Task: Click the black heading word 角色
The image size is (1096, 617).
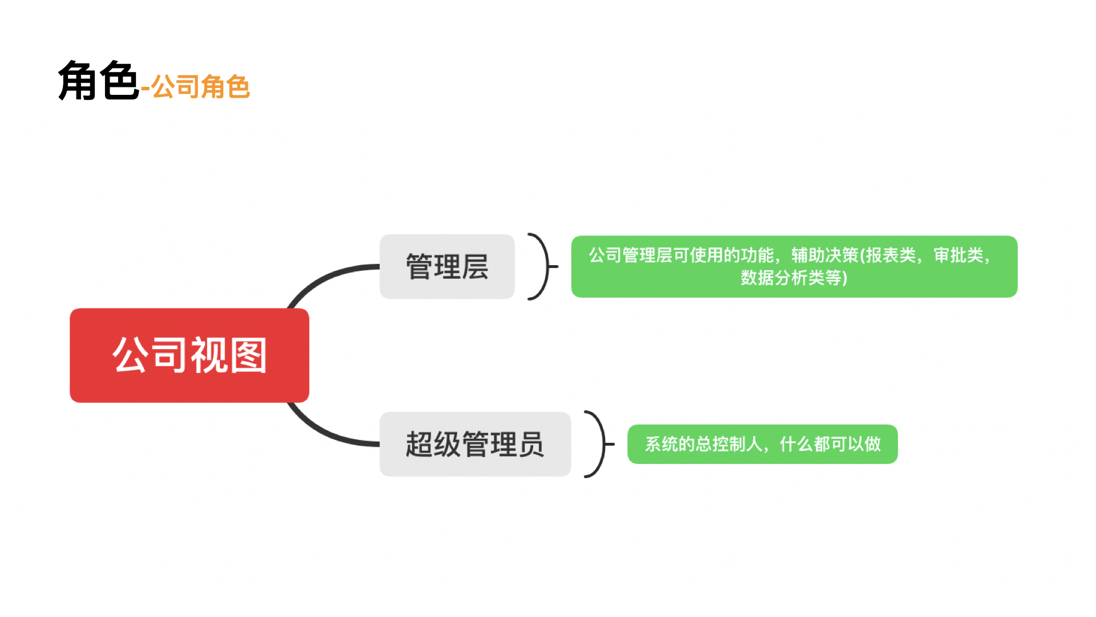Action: pyautogui.click(x=98, y=81)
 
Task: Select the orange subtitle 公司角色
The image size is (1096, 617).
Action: pyautogui.click(x=200, y=87)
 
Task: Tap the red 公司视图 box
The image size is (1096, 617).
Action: pyautogui.click(x=190, y=355)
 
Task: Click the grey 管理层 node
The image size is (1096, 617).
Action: pyautogui.click(x=447, y=266)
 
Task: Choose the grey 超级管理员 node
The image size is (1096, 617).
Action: pyautogui.click(x=475, y=444)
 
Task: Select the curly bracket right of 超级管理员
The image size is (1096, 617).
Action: pyautogui.click(x=600, y=444)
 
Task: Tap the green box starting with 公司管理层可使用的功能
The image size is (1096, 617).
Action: pyautogui.click(x=794, y=266)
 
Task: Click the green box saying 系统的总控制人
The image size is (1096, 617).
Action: pyautogui.click(x=762, y=444)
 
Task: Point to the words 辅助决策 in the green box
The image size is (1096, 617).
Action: pyautogui.click(x=825, y=255)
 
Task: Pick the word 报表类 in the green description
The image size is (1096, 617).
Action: pyautogui.click(x=891, y=255)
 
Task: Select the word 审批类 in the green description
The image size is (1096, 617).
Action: pyautogui.click(x=958, y=255)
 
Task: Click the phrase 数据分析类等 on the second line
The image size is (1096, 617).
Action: pyautogui.click(x=791, y=278)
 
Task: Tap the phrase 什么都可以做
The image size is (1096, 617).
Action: pyautogui.click(x=830, y=444)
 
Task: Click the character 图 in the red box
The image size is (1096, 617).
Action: pyautogui.click(x=248, y=355)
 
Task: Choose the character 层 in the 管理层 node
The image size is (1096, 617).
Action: pyautogui.click(x=475, y=267)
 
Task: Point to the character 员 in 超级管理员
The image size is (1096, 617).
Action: pyautogui.click(x=531, y=444)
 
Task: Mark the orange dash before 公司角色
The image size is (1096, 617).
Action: pyautogui.click(x=145, y=89)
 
